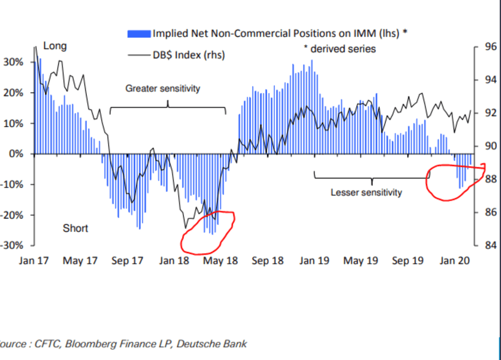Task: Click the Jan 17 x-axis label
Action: click(34, 260)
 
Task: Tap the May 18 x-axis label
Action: click(221, 260)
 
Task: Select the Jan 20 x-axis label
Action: click(455, 260)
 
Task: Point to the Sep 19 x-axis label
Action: click(407, 260)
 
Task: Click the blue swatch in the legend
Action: click(139, 34)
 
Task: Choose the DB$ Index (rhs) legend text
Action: click(188, 55)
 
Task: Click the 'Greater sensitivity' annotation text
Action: click(162, 89)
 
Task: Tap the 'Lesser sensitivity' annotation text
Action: click(366, 193)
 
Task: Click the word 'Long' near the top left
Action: click(54, 46)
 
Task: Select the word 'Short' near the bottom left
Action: click(75, 228)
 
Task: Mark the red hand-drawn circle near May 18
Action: click(209, 232)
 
